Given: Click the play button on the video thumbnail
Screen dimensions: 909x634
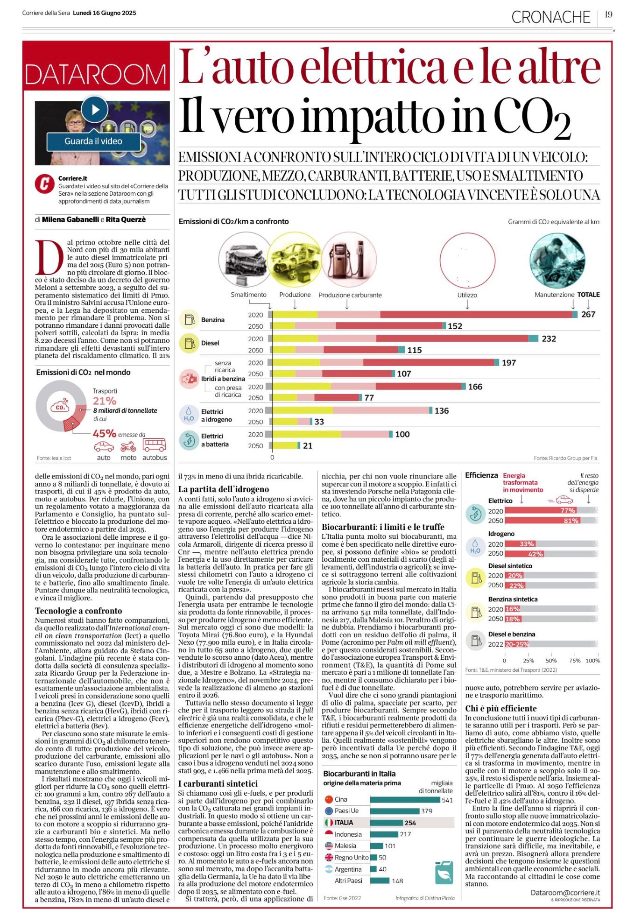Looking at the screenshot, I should pos(95,109).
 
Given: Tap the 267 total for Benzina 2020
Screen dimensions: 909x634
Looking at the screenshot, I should pos(588,314).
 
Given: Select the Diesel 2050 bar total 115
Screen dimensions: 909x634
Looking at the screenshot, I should pos(414,350).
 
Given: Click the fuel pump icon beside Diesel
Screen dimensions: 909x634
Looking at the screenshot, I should pos(190,343).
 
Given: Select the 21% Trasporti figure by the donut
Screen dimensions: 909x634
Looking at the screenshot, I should pos(105,401).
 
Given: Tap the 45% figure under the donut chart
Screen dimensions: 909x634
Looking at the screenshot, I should pos(105,433).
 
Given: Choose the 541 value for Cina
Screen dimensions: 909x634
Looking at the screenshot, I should pos(447,800).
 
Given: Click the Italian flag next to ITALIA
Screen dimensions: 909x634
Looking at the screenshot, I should pos(329,823).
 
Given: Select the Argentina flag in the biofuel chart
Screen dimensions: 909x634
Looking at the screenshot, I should pos(329,869).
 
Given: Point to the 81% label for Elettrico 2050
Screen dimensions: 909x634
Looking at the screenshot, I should pos(571,521).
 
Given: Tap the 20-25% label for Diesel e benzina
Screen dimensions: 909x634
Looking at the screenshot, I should pos(517,644).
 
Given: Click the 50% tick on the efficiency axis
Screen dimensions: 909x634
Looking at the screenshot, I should pos(551,661).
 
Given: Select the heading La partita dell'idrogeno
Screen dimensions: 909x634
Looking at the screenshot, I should pos(224,489).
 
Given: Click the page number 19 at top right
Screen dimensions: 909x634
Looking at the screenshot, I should pos(608,14).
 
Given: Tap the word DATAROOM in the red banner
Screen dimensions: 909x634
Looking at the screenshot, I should pos(96,74).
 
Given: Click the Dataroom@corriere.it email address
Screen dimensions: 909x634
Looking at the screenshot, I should pos(565,893).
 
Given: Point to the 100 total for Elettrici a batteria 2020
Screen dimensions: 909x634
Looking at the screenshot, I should pos(402,434).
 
